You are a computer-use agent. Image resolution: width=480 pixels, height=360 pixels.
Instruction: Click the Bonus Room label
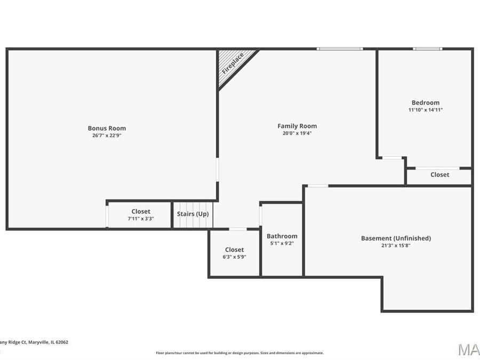tap(107, 128)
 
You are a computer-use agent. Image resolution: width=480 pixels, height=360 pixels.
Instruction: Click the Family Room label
tap(297, 126)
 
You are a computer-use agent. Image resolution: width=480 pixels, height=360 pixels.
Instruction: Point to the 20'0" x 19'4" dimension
tap(297, 133)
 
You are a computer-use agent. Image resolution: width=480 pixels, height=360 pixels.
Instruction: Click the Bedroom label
tap(425, 103)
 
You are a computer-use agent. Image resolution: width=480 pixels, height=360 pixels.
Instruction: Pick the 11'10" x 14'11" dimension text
tap(425, 110)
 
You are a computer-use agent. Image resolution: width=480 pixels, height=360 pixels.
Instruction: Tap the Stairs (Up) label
tap(193, 214)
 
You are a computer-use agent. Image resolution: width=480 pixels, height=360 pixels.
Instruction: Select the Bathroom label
tap(282, 236)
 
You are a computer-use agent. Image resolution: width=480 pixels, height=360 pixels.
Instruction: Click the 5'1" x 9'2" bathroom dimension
tap(282, 243)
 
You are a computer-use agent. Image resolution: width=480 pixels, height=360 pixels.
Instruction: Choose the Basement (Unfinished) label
tap(396, 238)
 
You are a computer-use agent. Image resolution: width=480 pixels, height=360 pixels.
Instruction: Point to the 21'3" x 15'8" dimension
tap(396, 245)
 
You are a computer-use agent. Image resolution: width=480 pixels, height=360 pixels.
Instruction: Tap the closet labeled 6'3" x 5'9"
tap(234, 253)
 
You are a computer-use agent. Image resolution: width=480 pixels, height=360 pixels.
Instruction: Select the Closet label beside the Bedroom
tap(439, 175)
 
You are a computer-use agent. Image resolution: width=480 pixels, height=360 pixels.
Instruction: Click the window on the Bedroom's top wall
tap(427, 49)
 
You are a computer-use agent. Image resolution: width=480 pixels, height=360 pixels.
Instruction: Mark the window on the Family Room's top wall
tap(340, 49)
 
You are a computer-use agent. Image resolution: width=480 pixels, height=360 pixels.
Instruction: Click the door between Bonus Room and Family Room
tap(218, 170)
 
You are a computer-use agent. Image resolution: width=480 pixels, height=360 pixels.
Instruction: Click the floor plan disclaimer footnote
tap(239, 353)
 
